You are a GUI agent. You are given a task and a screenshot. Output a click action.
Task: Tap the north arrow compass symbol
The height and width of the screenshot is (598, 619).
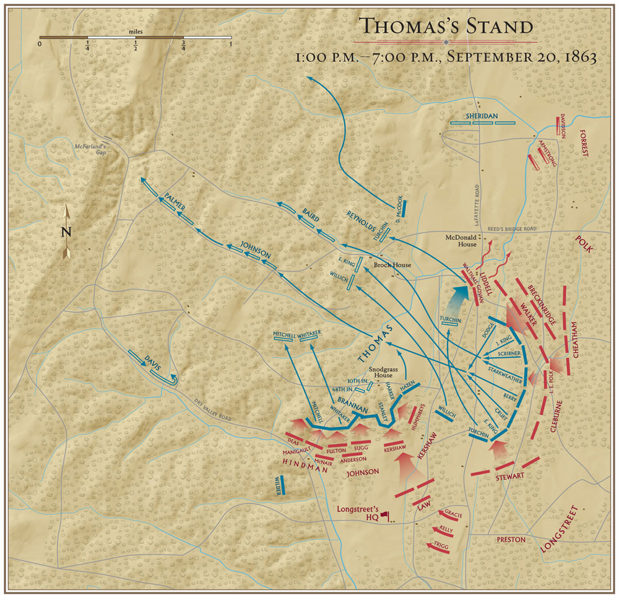pyautogui.click(x=67, y=232)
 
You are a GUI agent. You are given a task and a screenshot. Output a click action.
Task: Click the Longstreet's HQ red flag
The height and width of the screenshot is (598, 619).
pyautogui.click(x=384, y=514)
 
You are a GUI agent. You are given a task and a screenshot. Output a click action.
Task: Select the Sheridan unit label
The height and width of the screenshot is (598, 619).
pyautogui.click(x=482, y=115)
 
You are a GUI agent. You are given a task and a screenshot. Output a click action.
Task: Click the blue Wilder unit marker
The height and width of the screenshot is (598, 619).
pyautogui.click(x=282, y=485)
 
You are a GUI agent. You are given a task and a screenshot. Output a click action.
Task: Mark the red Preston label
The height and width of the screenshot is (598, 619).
pyautogui.click(x=511, y=539)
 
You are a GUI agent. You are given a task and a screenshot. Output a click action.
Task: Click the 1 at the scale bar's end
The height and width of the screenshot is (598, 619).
pyautogui.click(x=230, y=44)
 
